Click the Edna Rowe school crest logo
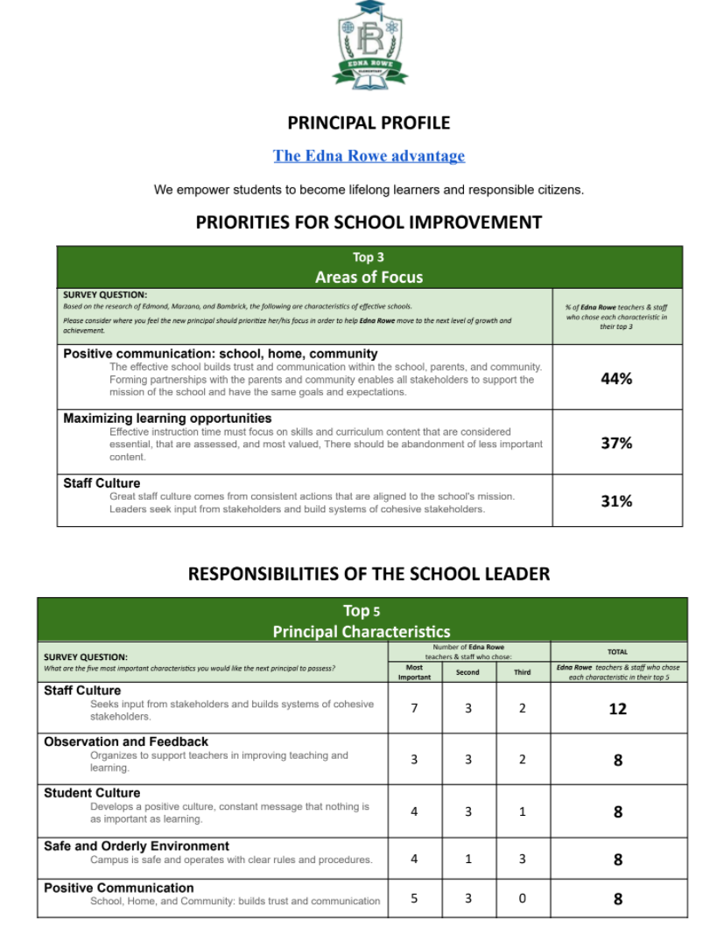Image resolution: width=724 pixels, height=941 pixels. (369, 45)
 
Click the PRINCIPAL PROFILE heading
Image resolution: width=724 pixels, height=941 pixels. (369, 123)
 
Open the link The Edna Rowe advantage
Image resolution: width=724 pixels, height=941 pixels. (369, 156)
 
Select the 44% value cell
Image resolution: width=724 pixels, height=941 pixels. (616, 378)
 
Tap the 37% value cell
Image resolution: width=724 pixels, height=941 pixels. (616, 443)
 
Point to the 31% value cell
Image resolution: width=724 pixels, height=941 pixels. (616, 501)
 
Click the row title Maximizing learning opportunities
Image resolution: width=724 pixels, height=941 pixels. (167, 418)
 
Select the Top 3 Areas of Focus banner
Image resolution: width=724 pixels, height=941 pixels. (369, 267)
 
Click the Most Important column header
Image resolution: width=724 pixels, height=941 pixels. (414, 672)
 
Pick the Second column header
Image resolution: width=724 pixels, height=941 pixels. (467, 672)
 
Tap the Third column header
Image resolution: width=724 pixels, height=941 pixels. (522, 672)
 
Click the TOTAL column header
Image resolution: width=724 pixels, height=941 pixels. (617, 652)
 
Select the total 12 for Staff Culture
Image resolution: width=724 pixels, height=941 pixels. (617, 709)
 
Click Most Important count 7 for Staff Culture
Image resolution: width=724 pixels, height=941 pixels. (414, 708)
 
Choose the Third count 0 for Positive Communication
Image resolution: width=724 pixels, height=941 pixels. (522, 898)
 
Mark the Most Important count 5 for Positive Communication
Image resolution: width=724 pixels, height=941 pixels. (414, 898)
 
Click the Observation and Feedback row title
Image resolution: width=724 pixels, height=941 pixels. (126, 741)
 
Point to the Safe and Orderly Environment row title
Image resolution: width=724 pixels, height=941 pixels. (137, 846)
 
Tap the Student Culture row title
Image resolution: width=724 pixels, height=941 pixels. (92, 793)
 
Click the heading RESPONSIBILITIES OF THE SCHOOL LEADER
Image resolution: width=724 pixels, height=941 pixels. (369, 574)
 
